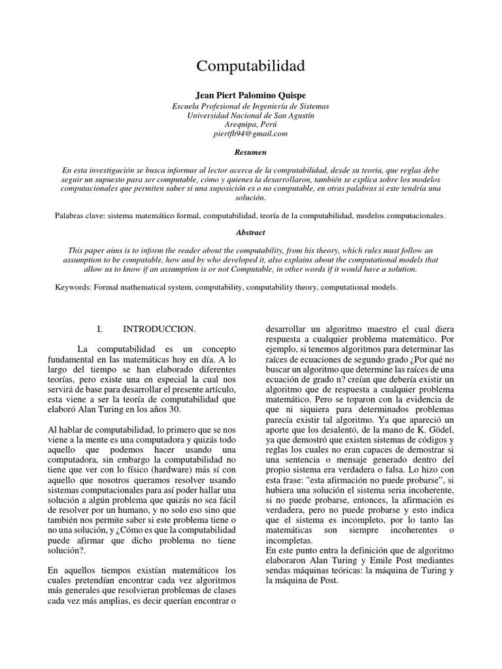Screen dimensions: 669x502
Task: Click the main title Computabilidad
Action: tap(250, 67)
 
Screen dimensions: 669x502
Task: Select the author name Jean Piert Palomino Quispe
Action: tap(250, 95)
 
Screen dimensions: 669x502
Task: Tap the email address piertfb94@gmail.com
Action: tap(250, 133)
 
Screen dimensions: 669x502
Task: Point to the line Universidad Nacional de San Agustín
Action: tap(250, 114)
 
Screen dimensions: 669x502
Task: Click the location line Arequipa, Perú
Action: tap(250, 123)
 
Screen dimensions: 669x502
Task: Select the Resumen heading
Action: tap(250, 152)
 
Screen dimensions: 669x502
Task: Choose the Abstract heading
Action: tap(250, 232)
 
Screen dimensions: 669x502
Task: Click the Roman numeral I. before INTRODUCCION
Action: tap(100, 331)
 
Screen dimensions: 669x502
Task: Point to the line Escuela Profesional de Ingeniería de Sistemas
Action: tap(250, 105)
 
